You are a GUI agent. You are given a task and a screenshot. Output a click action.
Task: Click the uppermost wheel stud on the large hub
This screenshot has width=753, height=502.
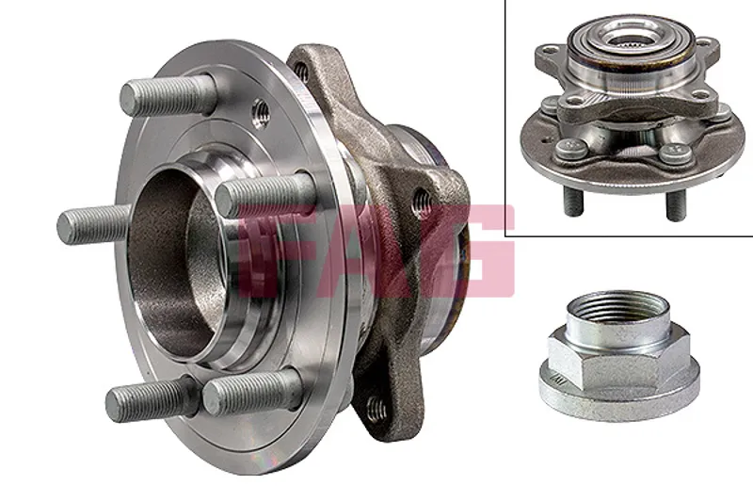[x=166, y=96]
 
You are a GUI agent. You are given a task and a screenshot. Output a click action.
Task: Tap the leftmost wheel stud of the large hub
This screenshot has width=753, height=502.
[x=93, y=224]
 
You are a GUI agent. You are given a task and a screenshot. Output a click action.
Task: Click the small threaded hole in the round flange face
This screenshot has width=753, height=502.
[x=261, y=112]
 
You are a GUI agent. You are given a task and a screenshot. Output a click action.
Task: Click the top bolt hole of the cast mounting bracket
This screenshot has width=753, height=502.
[x=300, y=72]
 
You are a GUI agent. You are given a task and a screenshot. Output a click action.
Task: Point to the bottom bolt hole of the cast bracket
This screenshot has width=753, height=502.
[x=376, y=409]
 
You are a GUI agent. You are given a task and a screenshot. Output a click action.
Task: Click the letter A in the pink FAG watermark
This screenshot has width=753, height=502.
[x=372, y=250]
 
